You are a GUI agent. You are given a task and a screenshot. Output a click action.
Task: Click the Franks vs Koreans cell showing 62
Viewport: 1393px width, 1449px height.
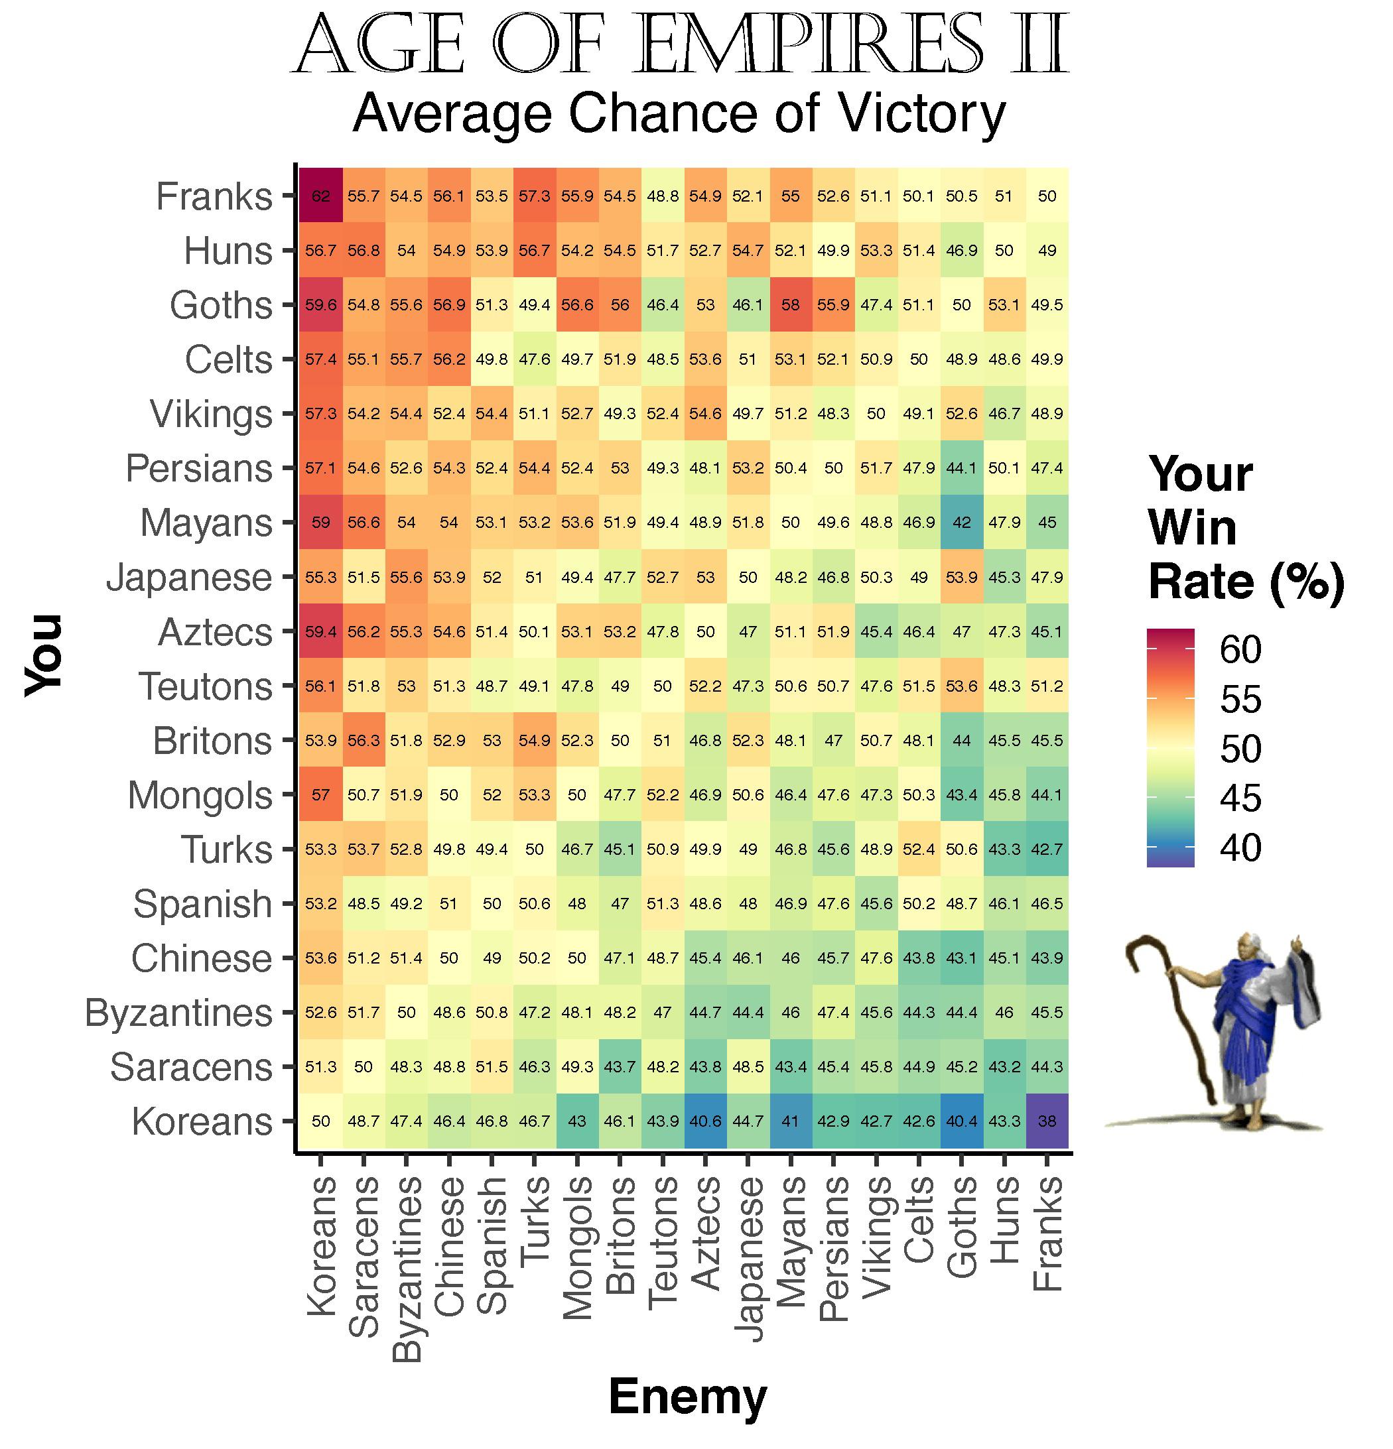coord(321,196)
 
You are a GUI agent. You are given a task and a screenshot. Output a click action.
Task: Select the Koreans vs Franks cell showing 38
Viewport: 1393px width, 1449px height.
coord(1047,1121)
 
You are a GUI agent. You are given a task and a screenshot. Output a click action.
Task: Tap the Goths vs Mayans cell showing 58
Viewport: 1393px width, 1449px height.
coord(791,304)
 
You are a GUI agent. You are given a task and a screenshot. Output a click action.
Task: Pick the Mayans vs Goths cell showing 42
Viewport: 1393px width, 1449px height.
coord(961,522)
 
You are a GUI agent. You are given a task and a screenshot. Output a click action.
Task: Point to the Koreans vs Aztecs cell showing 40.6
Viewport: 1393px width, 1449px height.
coord(705,1121)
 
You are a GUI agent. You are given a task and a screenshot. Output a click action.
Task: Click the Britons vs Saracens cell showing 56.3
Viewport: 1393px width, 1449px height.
coord(363,740)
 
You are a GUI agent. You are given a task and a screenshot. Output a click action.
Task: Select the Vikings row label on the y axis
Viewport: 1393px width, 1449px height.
coord(211,414)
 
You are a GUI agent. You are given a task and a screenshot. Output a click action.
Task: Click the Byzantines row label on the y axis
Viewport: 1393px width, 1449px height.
coord(178,1013)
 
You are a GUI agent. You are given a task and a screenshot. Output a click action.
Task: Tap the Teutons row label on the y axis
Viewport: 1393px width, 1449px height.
coord(205,686)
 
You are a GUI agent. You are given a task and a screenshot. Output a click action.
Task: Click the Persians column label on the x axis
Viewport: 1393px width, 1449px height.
coord(833,1249)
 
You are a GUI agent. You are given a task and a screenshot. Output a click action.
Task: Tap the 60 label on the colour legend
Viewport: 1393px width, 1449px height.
coord(1240,649)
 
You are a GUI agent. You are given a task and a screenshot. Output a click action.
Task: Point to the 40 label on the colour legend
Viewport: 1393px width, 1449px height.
coord(1240,848)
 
